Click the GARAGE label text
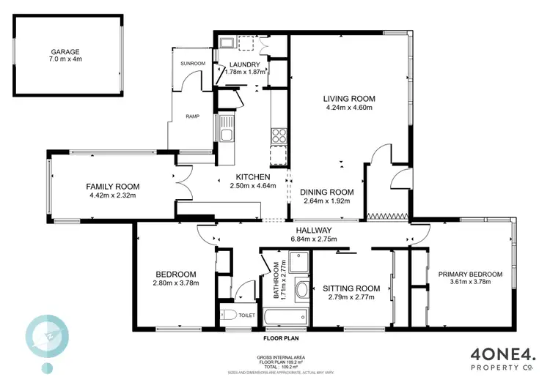point(65,53)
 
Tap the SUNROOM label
point(192,64)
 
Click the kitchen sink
point(226,129)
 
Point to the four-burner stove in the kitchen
point(279,135)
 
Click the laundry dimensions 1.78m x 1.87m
point(239,73)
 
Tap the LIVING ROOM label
point(349,98)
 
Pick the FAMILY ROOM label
point(113,187)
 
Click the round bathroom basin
point(301,290)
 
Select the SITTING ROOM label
point(351,288)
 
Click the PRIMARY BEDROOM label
point(470,274)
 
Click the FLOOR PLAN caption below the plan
point(282,339)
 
